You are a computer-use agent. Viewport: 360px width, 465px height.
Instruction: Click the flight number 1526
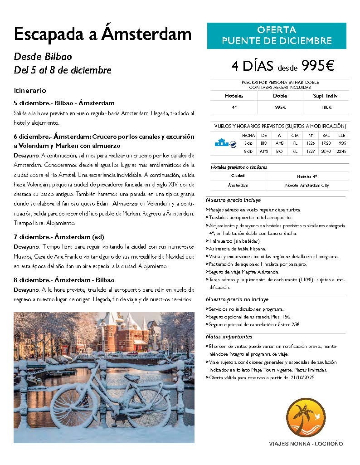pos(311,143)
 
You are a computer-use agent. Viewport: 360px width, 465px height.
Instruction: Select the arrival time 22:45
pos(341,151)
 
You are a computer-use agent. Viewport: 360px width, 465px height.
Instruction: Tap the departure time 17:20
pos(326,143)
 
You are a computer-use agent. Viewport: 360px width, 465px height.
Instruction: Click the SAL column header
pos(326,135)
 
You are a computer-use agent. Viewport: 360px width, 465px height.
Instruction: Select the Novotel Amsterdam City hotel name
pos(307,185)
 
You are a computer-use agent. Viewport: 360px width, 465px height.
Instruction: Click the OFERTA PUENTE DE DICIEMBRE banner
pos(277,36)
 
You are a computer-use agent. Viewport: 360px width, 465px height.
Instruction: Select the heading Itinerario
pos(30,91)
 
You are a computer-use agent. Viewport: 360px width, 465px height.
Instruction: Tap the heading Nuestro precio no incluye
pos(237,299)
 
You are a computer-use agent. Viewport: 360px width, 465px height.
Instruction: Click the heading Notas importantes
pos(229,337)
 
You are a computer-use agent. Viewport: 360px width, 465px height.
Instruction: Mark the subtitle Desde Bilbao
pos(43,57)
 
